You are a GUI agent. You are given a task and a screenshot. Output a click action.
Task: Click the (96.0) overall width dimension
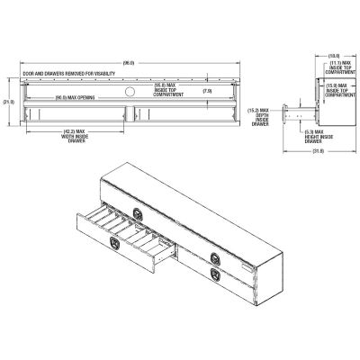click(129, 61)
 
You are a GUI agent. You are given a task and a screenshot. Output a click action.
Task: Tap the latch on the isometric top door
click(136, 211)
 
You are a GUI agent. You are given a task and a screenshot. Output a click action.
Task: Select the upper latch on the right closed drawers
click(217, 254)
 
